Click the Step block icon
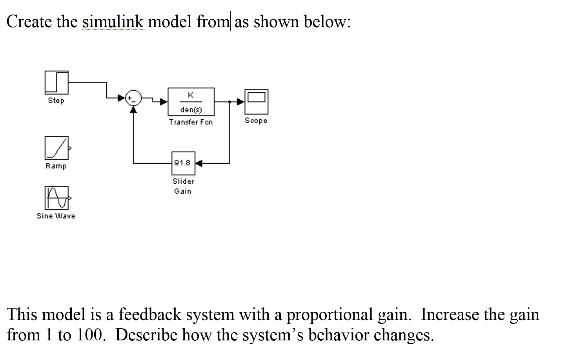click(x=56, y=82)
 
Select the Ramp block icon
click(x=56, y=148)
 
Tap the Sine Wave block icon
click(x=56, y=198)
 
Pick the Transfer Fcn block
click(x=191, y=102)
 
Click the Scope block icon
click(x=256, y=101)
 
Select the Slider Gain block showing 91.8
click(x=183, y=163)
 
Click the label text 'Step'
click(x=56, y=101)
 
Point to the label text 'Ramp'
click(x=56, y=166)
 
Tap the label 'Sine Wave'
click(x=56, y=216)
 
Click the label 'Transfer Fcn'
click(x=191, y=122)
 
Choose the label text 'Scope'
click(x=256, y=121)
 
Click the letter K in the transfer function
click(x=191, y=95)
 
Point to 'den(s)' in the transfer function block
click(x=191, y=110)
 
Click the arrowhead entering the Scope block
click(x=241, y=102)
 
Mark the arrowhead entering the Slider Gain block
click(x=198, y=163)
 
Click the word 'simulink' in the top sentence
click(x=113, y=22)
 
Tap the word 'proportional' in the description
click(x=330, y=315)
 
